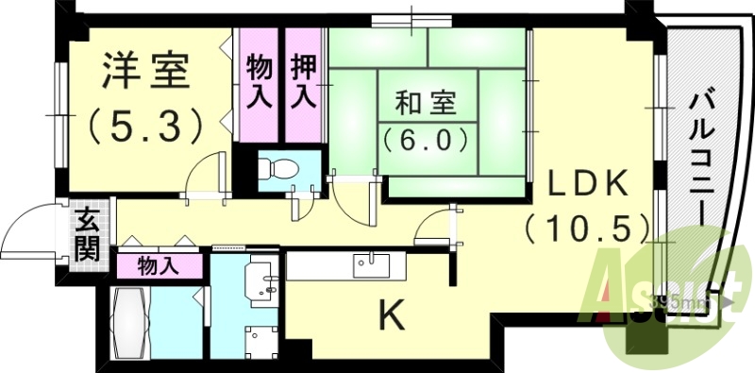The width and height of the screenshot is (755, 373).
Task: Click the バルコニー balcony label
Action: [699, 156]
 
